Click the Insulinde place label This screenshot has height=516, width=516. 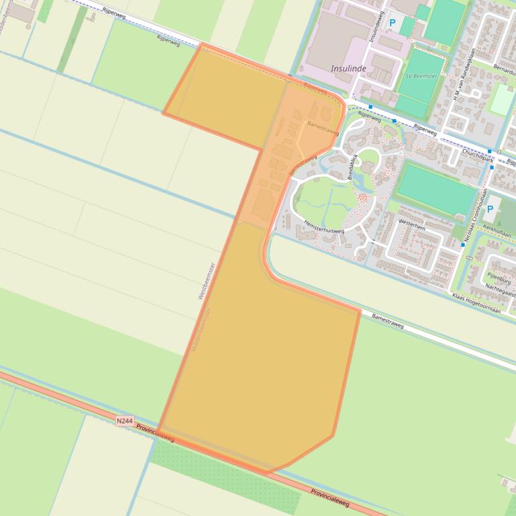348,68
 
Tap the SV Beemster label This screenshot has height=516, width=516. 421,76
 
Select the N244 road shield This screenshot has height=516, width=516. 124,421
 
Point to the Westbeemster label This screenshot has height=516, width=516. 206,280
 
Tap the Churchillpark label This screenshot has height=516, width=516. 478,156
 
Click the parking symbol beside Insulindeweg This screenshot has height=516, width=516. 393,23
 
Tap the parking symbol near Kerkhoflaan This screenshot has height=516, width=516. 490,210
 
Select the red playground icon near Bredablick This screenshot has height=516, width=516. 363,197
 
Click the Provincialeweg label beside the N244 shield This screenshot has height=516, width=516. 155,433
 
